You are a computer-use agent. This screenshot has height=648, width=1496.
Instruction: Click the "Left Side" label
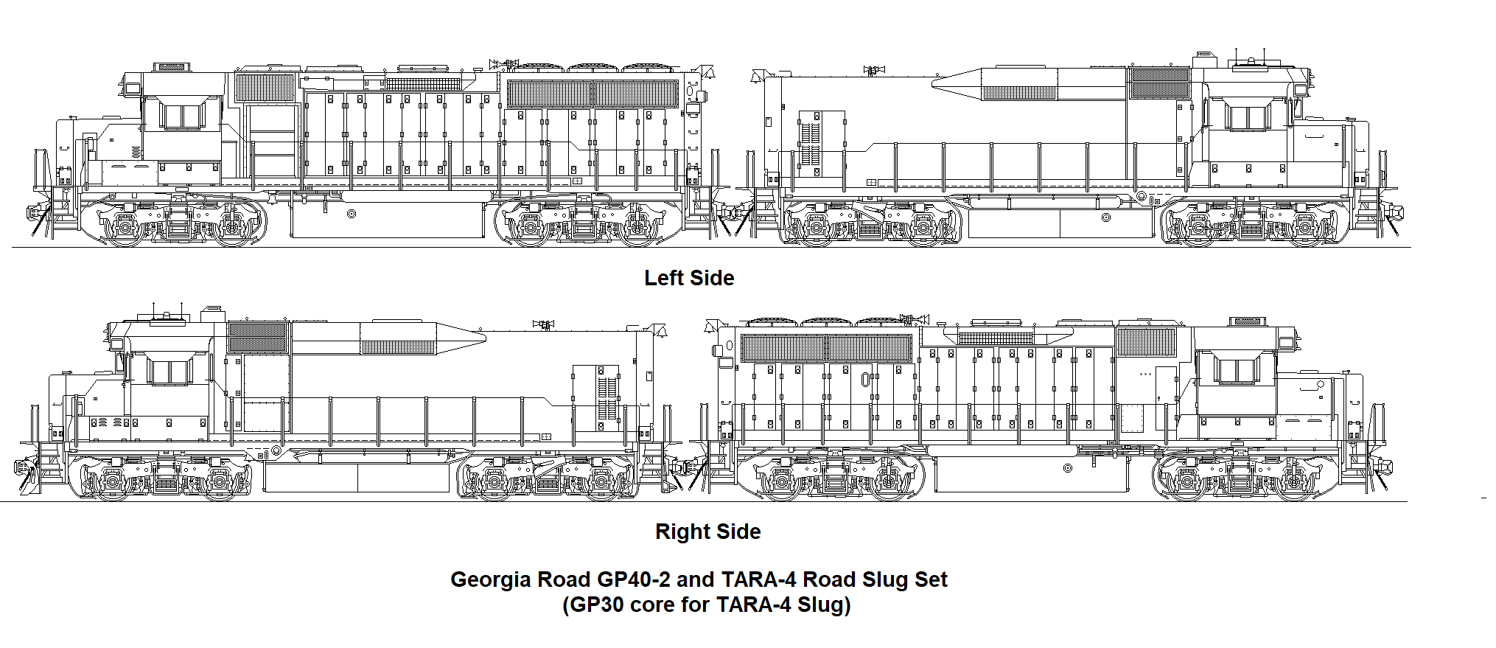[x=688, y=278]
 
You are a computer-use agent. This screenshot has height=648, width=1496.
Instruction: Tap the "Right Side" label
[x=707, y=532]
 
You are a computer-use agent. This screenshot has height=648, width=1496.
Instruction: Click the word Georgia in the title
[x=491, y=579]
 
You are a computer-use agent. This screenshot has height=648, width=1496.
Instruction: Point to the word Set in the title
[x=931, y=579]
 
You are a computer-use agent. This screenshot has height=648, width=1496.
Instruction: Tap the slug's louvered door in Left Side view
[x=811, y=144]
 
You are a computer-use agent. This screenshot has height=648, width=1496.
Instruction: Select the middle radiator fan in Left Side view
[x=593, y=69]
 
